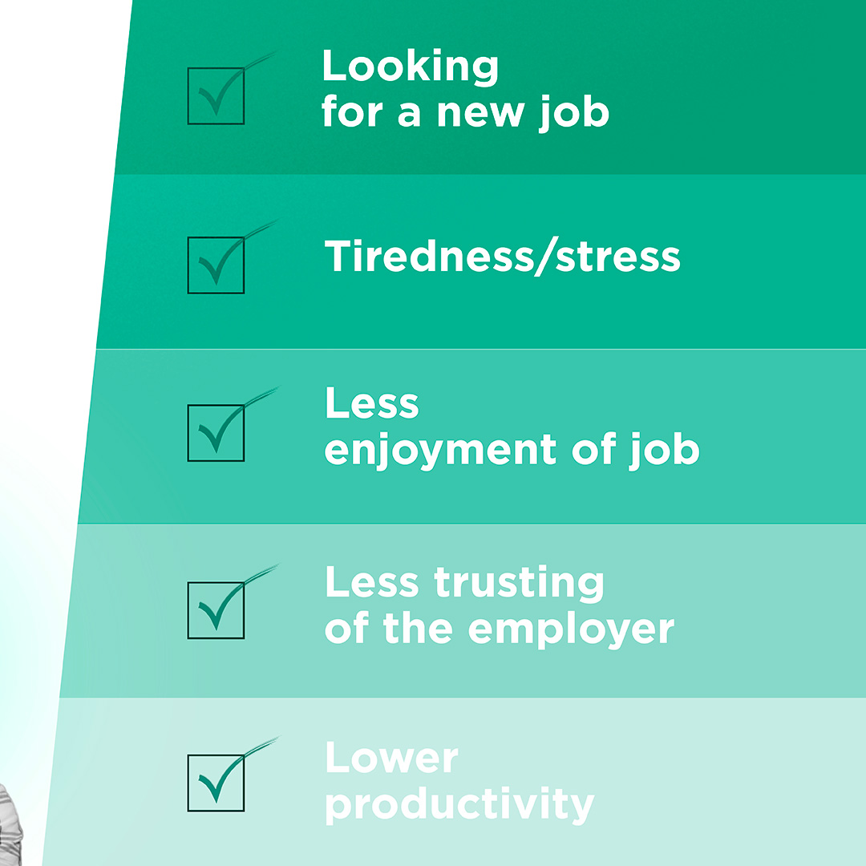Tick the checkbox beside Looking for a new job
click(216, 95)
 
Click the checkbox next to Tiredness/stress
click(216, 264)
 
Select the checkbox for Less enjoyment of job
click(216, 433)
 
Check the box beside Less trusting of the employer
click(216, 610)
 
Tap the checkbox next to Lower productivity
click(216, 783)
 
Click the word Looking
click(410, 67)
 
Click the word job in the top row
click(573, 112)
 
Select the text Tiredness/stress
click(503, 257)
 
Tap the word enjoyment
click(440, 451)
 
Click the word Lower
click(391, 759)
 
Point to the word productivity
click(459, 804)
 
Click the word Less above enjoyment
click(371, 404)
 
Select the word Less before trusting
click(371, 583)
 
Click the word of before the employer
click(346, 629)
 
